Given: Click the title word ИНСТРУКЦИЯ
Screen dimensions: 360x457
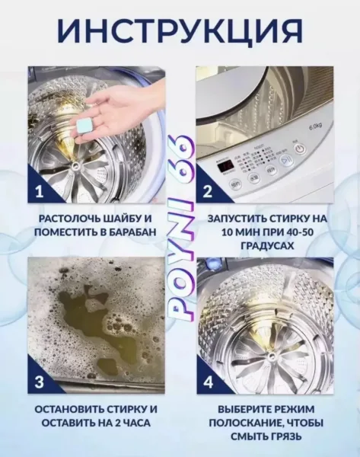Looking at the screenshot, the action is (180, 31).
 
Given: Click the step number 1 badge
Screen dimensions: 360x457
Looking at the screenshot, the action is (39, 193).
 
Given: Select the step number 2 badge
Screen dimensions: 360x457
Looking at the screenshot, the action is (207, 193).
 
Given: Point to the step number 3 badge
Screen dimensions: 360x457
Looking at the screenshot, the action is (39, 382).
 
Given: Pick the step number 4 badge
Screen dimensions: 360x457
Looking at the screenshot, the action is (208, 382).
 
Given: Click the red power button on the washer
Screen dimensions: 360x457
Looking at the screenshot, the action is (300, 149).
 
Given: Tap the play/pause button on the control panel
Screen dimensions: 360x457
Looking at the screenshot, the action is (285, 161).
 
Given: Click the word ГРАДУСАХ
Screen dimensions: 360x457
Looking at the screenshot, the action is (267, 246).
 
